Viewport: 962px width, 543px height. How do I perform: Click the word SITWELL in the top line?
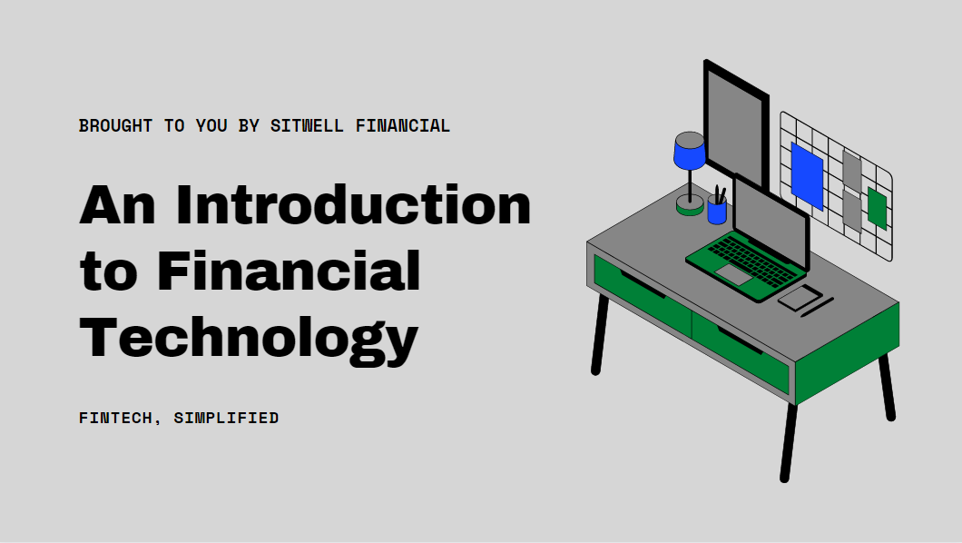[307, 126]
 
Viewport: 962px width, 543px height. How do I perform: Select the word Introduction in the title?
[353, 205]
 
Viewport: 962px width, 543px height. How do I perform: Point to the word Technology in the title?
[249, 338]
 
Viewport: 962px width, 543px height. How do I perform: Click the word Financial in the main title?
[289, 271]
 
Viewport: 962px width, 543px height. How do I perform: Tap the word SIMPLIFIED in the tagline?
[226, 419]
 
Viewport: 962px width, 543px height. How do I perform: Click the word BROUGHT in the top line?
[115, 126]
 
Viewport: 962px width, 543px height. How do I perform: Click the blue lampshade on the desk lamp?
[690, 151]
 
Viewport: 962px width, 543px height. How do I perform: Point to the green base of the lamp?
[690, 207]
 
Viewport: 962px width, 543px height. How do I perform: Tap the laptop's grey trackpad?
[733, 273]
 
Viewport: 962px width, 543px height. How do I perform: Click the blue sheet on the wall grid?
[807, 175]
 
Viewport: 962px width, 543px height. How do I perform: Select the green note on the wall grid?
[877, 208]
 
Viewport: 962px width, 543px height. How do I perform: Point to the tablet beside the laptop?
[800, 297]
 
